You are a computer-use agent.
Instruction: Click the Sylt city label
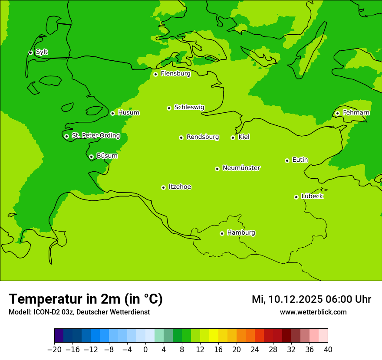pos(42,52)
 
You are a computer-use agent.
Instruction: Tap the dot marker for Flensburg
pos(155,74)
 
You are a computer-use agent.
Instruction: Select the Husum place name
pos(128,113)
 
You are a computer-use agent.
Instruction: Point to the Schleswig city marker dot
pos(169,108)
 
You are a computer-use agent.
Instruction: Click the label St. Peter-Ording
pos(95,136)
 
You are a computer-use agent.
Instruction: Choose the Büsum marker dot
pos(91,157)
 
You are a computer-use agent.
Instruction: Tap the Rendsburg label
pos(203,137)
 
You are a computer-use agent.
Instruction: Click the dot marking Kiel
pos(233,137)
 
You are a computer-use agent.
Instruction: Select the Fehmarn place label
pos(356,113)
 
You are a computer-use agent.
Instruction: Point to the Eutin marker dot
pos(287,160)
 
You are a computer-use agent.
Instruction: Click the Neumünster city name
pos(241,168)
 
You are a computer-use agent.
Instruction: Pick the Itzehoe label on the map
pos(180,187)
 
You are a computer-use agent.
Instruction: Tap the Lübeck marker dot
pos(296,197)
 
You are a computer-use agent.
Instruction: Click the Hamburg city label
pos(241,233)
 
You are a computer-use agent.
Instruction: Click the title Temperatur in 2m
pos(86,299)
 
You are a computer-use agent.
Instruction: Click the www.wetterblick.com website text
pos(313,312)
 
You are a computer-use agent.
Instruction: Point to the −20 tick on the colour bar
pos(54,349)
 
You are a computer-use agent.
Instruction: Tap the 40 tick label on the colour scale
pos(328,349)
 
